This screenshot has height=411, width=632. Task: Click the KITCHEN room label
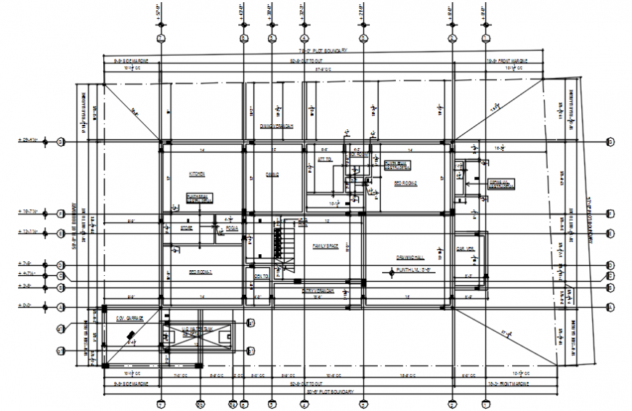197,174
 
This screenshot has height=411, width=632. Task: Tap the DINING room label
272,174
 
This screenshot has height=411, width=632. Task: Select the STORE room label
186,227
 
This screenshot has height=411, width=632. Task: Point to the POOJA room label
232,227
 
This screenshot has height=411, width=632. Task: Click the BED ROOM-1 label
200,272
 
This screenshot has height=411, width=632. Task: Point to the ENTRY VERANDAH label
318,290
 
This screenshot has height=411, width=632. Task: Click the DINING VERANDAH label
276,126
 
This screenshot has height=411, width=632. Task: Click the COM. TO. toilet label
261,277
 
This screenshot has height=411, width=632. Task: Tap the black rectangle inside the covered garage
131,335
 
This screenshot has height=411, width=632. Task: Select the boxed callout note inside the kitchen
199,198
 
